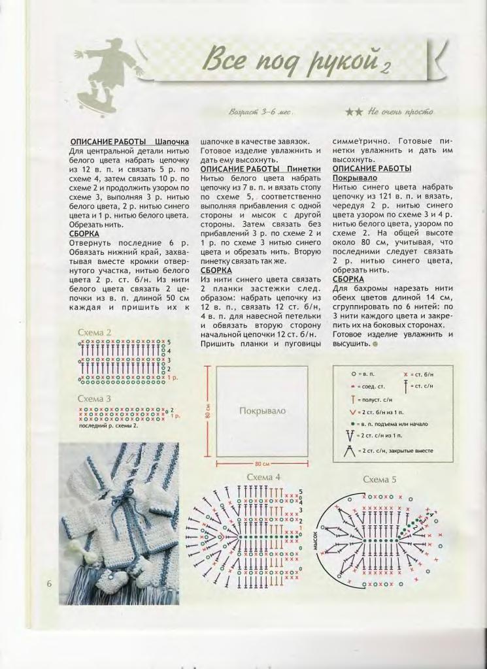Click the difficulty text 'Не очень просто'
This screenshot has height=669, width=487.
click(392, 112)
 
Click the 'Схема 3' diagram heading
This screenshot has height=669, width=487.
click(95, 399)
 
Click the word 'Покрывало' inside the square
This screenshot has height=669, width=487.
click(262, 411)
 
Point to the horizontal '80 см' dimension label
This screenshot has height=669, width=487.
click(262, 463)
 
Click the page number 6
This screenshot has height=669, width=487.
click(49, 583)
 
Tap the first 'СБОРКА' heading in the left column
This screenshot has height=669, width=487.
click(84, 233)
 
